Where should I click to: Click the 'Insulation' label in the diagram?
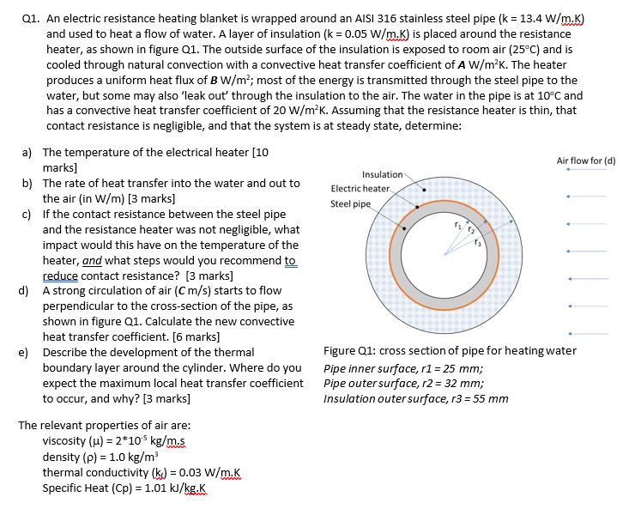tap(383, 174)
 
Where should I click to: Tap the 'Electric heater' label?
tap(360, 188)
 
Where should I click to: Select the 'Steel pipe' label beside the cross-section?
tap(351, 204)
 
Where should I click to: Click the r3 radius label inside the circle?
tap(480, 242)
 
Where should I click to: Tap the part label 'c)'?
tap(25, 214)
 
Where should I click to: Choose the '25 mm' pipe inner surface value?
tap(455, 368)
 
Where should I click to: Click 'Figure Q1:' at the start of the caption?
tap(349, 350)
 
